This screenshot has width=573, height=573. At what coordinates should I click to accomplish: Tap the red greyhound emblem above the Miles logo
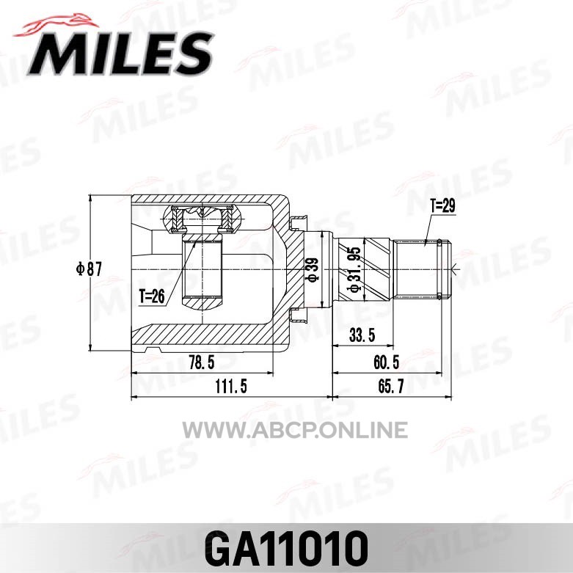pyautogui.click(x=56, y=25)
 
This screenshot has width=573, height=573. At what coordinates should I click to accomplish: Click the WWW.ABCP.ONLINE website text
pyautogui.click(x=295, y=430)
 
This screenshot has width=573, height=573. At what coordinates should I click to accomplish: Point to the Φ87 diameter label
pyautogui.click(x=89, y=269)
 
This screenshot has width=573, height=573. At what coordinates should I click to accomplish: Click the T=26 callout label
pyautogui.click(x=152, y=296)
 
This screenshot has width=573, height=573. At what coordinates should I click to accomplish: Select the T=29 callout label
pyautogui.click(x=442, y=206)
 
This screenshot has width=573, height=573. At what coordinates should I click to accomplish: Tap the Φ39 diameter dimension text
pyautogui.click(x=313, y=270)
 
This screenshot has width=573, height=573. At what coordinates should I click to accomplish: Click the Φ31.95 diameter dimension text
pyautogui.click(x=354, y=269)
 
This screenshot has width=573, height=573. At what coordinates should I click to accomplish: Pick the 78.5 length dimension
pyautogui.click(x=202, y=362)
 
